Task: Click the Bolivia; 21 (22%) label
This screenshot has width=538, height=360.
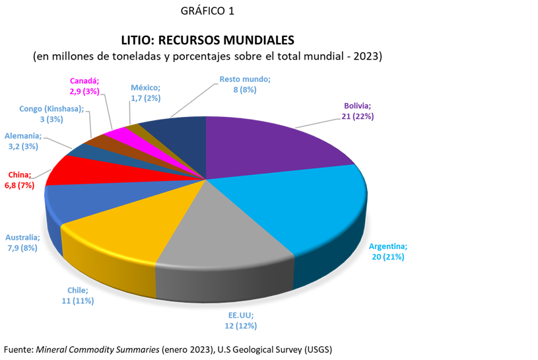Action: tap(358, 111)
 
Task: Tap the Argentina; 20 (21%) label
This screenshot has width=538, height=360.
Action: tap(387, 251)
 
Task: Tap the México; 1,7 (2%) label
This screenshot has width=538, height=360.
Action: tap(145, 92)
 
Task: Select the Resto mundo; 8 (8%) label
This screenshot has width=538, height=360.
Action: tap(245, 84)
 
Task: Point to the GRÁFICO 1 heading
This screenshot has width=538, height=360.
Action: tap(207, 11)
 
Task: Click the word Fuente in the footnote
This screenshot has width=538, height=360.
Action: tap(18, 349)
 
